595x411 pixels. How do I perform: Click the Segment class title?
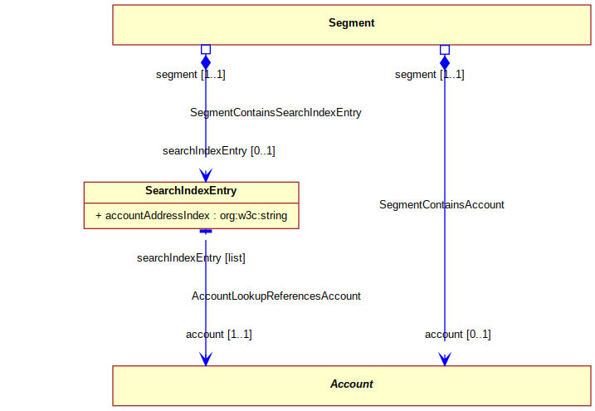[x=351, y=23]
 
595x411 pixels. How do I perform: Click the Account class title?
[x=351, y=384]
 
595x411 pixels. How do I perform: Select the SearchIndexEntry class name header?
[x=191, y=191]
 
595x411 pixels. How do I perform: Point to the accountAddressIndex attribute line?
[x=191, y=216]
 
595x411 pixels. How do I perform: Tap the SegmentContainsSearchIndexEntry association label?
[x=276, y=113]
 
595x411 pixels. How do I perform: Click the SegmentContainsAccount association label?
[x=441, y=205]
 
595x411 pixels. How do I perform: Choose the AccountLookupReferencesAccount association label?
[x=276, y=296]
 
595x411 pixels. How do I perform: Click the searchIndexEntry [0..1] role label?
[x=219, y=151]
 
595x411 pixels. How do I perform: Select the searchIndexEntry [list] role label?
[x=191, y=258]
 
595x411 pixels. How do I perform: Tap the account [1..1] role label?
[x=219, y=335]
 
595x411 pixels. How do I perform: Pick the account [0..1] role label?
[x=457, y=335]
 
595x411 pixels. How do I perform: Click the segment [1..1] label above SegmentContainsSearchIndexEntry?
[x=191, y=75]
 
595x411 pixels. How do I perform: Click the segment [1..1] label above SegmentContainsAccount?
[x=430, y=75]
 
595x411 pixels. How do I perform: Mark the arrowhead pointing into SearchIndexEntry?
[x=206, y=175]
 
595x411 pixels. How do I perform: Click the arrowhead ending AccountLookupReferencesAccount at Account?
[x=206, y=359]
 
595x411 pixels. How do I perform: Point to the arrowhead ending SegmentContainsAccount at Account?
[x=445, y=359]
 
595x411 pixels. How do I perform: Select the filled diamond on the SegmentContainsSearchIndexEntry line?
[x=206, y=62]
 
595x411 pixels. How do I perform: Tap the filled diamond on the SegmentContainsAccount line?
[x=445, y=62]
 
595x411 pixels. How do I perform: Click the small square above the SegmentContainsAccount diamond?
[x=445, y=50]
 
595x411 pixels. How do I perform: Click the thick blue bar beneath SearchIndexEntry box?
[x=206, y=231]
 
